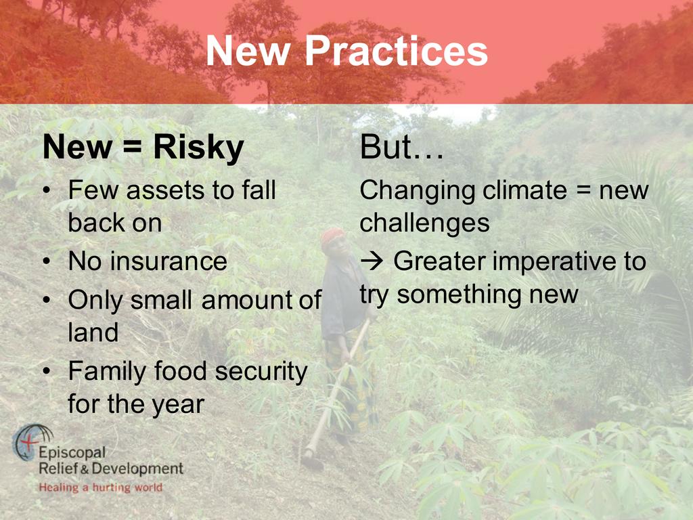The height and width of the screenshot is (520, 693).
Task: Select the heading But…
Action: coord(401,147)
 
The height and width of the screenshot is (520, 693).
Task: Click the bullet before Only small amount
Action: coord(47,300)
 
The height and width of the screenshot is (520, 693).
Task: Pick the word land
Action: coord(93,332)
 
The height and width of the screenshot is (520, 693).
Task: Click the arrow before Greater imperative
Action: coord(372,261)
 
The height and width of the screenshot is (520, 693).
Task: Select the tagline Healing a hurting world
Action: coord(101,487)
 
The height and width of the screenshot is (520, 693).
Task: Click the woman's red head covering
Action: coord(332,236)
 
